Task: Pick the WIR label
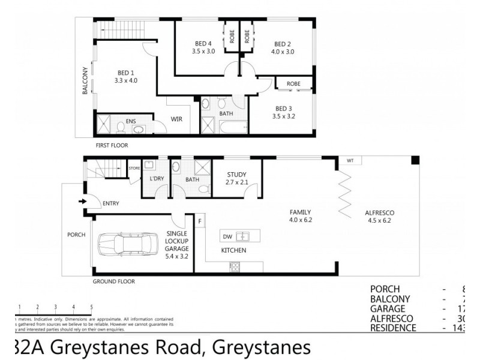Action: pyautogui.click(x=176, y=119)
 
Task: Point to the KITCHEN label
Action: pyautogui.click(x=233, y=250)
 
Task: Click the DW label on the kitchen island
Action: pyautogui.click(x=227, y=236)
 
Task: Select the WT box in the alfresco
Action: pyautogui.click(x=350, y=161)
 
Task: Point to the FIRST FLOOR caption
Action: pyautogui.click(x=112, y=145)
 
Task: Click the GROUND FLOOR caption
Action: pyautogui.click(x=113, y=281)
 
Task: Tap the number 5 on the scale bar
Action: pyautogui.click(x=91, y=307)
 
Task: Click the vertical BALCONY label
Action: pyautogui.click(x=85, y=80)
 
